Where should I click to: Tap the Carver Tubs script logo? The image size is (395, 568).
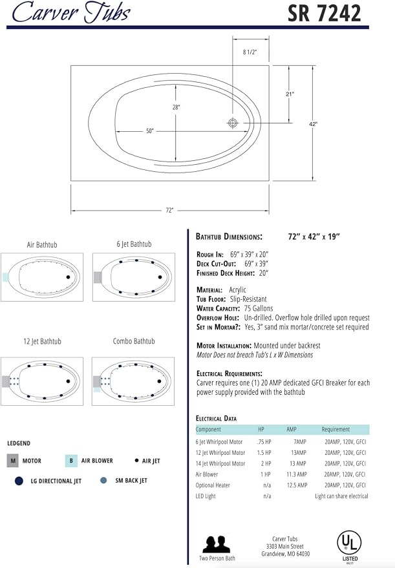click(x=71, y=12)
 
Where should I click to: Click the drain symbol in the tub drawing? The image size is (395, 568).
click(x=233, y=123)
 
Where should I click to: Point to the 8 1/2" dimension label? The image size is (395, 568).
click(x=250, y=52)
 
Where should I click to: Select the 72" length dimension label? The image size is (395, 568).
click(x=169, y=210)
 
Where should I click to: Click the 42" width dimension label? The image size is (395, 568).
click(x=313, y=124)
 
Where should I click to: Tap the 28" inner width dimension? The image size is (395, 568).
click(x=176, y=107)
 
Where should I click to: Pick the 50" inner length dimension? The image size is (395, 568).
click(x=150, y=131)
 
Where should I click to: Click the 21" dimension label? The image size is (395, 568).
click(x=290, y=94)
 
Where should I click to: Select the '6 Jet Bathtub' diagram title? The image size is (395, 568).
click(x=134, y=244)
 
